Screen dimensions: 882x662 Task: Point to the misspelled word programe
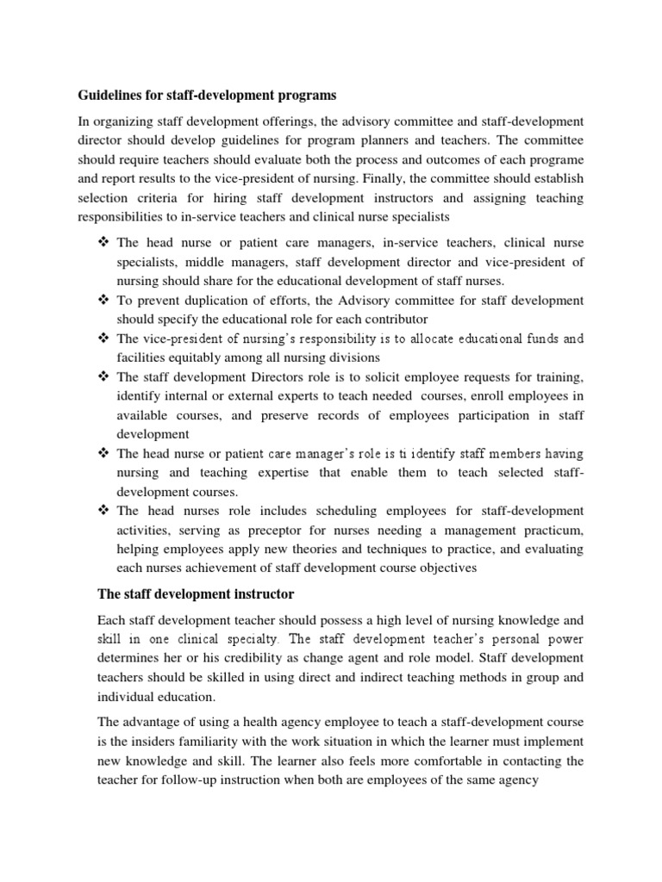tap(554, 160)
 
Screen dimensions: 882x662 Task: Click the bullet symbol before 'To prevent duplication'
tap(101, 301)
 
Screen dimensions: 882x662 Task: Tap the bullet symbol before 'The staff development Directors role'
tap(101, 377)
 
